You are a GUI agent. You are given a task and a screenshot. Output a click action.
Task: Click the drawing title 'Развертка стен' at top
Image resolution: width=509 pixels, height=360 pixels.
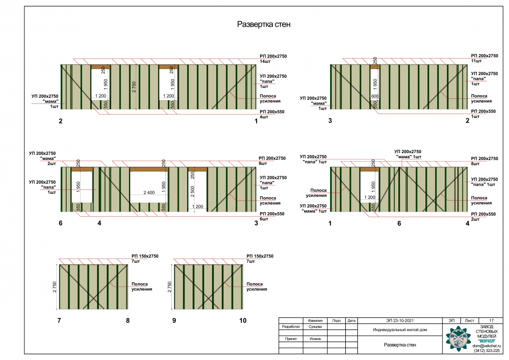coord(263,24)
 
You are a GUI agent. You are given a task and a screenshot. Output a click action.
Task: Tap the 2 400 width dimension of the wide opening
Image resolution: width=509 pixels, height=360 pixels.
coord(149,193)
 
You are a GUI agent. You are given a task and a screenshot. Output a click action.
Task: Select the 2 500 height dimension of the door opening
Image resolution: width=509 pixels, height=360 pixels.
coord(193,191)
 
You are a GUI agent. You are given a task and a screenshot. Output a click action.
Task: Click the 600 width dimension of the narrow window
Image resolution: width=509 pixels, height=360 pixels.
coord(375,96)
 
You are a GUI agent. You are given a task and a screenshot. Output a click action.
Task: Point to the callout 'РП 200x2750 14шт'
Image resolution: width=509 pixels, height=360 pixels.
coord(273,59)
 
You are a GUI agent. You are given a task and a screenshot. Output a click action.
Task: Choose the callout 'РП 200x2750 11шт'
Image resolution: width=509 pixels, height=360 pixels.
coord(484,58)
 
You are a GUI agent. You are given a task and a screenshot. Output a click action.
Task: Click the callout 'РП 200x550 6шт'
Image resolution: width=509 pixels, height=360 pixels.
coord(272,216)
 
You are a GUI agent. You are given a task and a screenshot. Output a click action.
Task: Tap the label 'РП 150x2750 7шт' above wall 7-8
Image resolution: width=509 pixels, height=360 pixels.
coord(145,259)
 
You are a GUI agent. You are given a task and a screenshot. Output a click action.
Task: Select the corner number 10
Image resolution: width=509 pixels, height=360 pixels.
coord(243,321)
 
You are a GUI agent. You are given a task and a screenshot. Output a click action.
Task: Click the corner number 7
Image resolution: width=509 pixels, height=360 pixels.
coord(59,321)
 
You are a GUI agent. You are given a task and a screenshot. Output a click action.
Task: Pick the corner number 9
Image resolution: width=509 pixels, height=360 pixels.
coord(174,321)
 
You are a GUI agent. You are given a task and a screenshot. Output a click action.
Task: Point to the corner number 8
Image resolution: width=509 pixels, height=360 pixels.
coord(128,321)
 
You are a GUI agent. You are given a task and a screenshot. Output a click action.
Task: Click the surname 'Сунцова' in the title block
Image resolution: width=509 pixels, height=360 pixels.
coord(315,327)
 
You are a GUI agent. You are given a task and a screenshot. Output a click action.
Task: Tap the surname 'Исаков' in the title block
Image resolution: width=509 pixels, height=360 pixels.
coord(315,339)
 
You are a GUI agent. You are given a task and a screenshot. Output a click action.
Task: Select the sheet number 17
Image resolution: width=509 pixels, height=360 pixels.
coord(491,321)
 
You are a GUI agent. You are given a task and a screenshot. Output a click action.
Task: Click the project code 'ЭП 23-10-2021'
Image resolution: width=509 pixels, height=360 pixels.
coord(400,321)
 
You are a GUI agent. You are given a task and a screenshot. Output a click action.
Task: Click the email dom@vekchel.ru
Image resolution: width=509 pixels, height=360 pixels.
coord(487,346)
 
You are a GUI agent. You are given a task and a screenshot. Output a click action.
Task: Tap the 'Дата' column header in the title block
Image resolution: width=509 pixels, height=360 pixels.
coord(351,321)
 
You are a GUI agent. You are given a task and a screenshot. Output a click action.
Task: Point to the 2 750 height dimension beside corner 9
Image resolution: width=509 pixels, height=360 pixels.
coord(169,287)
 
